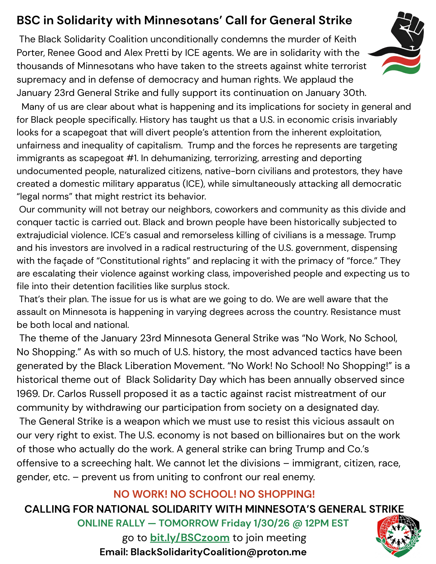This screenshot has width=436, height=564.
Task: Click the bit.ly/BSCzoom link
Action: [190, 538]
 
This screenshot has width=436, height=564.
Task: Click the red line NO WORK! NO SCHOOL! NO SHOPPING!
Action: [214, 494]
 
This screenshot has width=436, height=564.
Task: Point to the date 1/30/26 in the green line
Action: [271, 523]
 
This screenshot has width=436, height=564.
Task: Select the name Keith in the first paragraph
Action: [345, 39]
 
